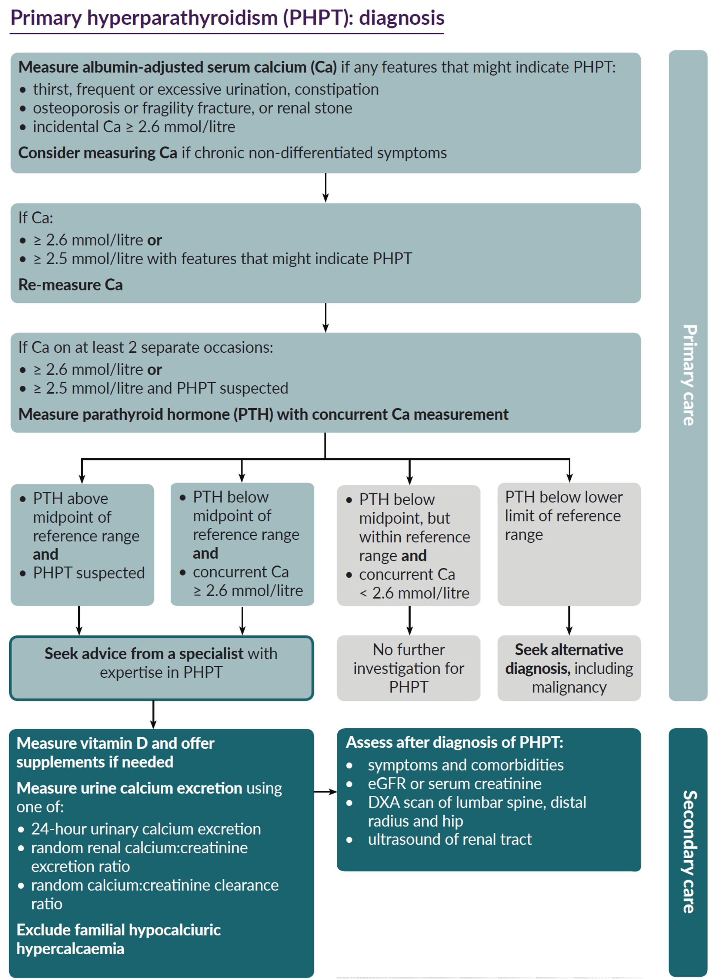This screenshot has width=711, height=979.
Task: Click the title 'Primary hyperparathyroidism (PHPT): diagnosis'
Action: [227, 18]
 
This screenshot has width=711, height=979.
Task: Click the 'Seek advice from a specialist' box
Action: [161, 668]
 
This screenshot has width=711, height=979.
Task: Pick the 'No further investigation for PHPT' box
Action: [408, 668]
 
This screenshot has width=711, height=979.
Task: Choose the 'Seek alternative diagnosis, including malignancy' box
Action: [569, 668]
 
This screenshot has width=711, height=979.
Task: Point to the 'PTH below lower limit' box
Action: [569, 544]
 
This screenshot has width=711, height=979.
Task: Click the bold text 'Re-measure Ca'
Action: [70, 285]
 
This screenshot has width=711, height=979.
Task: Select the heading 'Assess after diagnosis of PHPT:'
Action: [454, 742]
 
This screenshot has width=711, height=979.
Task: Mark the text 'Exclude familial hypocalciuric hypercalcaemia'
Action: [118, 939]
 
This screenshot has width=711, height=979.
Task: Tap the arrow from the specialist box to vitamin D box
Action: [153, 714]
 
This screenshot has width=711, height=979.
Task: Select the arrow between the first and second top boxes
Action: [326, 188]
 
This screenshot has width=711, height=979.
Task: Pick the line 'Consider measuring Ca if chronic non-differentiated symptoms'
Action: [233, 153]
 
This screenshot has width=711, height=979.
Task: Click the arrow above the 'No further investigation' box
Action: [410, 620]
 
